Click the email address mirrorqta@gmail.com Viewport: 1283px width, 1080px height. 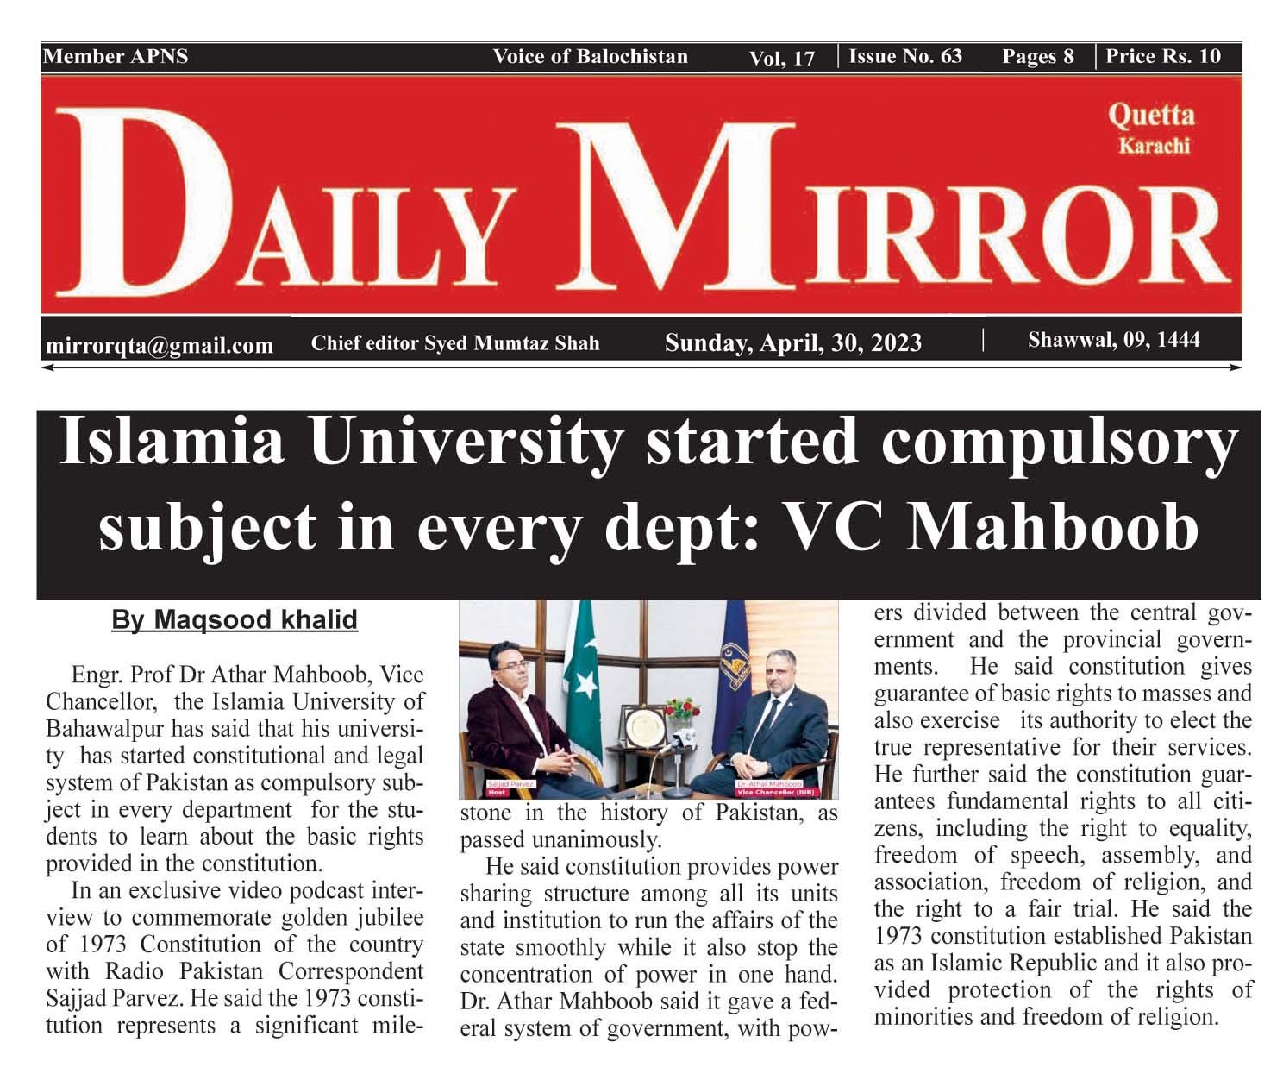click(x=159, y=346)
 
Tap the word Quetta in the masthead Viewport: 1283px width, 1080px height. click(x=1151, y=115)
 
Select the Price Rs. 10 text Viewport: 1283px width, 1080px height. click(x=1163, y=57)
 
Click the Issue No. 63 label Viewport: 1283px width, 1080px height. click(x=905, y=57)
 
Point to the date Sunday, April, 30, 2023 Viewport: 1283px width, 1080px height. click(x=792, y=343)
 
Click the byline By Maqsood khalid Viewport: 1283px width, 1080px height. click(x=235, y=620)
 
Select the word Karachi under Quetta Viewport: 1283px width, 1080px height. click(x=1154, y=146)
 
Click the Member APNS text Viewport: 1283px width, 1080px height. click(x=116, y=57)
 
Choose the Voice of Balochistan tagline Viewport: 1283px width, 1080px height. click(x=590, y=57)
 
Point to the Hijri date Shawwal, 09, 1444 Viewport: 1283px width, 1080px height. click(x=1113, y=340)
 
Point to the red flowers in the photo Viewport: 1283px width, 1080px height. click(x=682, y=710)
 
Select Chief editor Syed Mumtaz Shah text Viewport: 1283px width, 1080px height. click(x=454, y=344)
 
